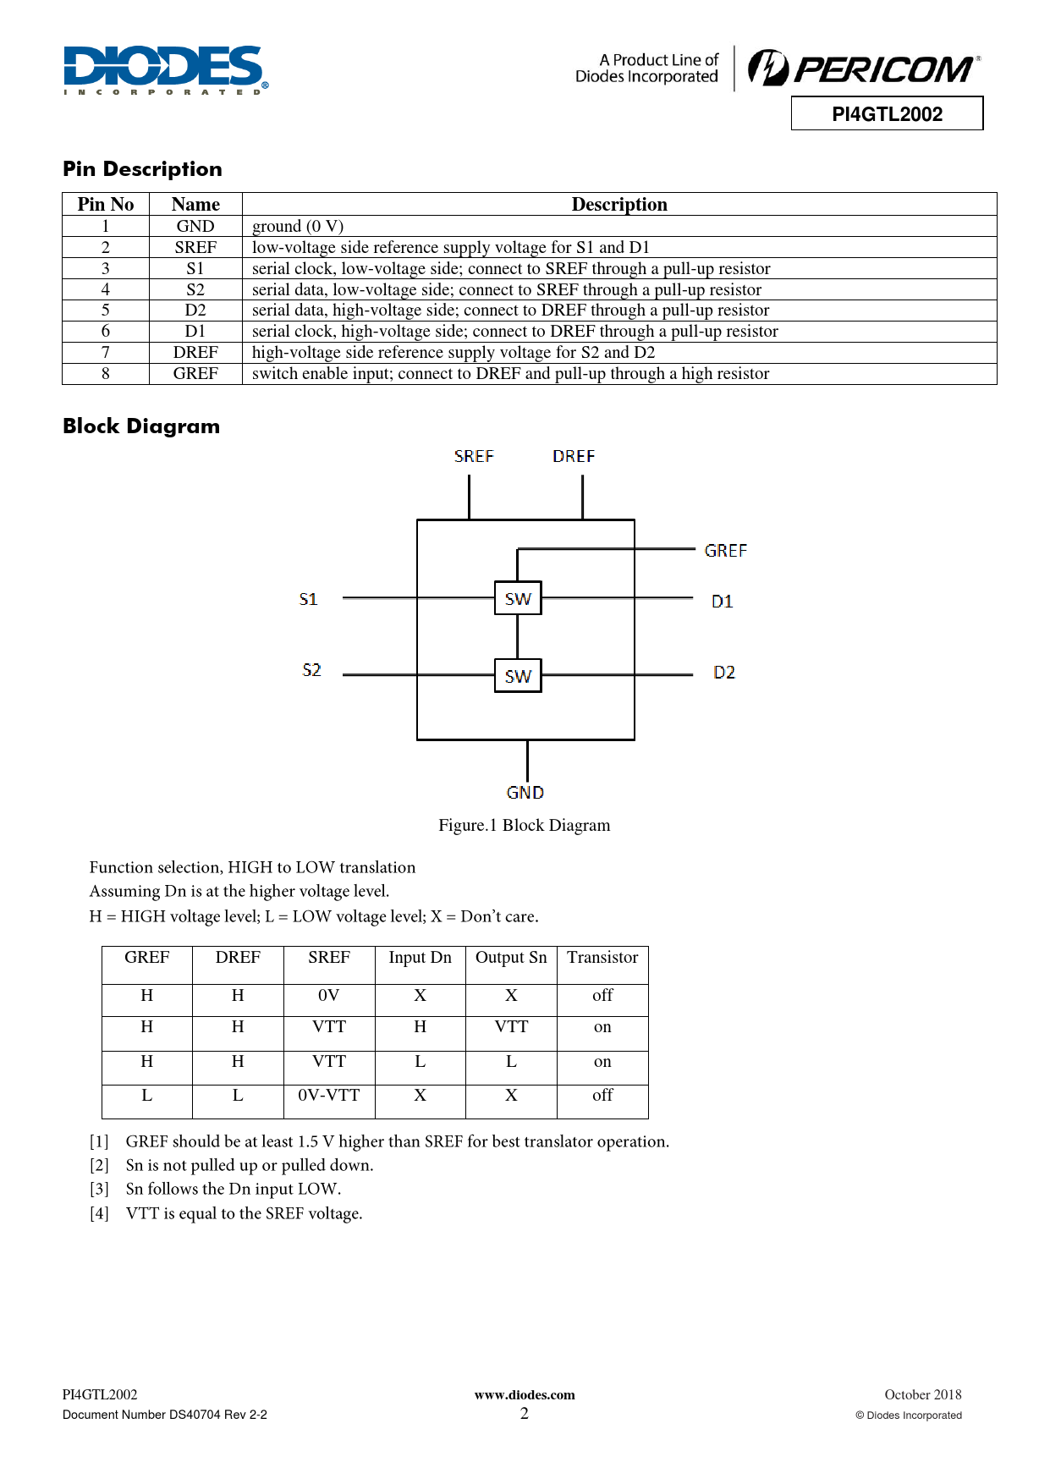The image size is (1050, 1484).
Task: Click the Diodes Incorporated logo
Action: tap(166, 69)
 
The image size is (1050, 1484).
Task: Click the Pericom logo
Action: tap(864, 69)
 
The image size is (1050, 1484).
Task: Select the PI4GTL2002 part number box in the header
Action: tap(887, 114)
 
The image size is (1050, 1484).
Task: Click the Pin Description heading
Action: tap(142, 169)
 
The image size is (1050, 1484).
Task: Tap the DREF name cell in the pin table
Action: tap(195, 353)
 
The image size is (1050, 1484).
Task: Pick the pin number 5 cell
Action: tap(106, 311)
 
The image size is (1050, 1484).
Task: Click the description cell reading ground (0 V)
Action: tap(298, 226)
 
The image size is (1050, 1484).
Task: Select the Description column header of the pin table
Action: tap(619, 204)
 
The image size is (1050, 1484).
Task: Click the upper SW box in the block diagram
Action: tap(518, 599)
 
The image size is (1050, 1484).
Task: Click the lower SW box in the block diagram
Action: tap(518, 676)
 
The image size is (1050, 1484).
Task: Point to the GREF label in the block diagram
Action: tap(725, 551)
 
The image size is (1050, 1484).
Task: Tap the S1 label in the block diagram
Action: tap(309, 600)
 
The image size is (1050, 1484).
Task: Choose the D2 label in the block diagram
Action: tap(724, 673)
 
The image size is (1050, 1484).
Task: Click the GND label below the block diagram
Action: tap(525, 793)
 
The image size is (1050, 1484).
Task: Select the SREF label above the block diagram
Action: tap(474, 457)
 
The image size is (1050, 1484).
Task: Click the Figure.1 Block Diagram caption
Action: tap(524, 826)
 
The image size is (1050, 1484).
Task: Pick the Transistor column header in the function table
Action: tap(602, 958)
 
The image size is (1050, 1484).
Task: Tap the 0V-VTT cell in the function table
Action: tap(329, 1096)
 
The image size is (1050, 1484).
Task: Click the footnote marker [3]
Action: tap(100, 1190)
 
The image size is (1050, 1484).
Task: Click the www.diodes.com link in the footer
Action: tap(525, 1395)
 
